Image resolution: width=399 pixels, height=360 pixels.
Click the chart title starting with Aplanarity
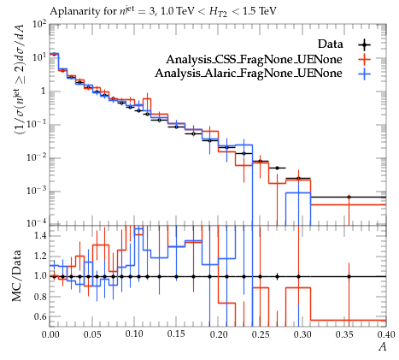click(x=163, y=12)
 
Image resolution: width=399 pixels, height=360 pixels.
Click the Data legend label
click(x=331, y=44)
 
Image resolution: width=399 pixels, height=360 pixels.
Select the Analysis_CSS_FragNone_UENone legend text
click(x=254, y=59)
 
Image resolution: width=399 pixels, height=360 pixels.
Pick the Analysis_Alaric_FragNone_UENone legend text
click(x=249, y=74)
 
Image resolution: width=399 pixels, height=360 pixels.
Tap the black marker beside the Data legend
click(x=364, y=44)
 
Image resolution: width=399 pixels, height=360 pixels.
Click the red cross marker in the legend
click(x=364, y=59)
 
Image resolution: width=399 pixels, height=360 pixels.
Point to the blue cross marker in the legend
click(x=364, y=74)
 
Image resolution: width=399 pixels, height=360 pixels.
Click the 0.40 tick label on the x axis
click(x=385, y=334)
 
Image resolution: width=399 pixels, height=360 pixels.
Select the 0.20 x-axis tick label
click(x=219, y=334)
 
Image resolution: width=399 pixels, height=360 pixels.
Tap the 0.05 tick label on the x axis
click(x=92, y=334)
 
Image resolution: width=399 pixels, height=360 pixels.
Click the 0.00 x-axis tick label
click(x=50, y=334)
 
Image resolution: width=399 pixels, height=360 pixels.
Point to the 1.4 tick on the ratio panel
click(x=40, y=236)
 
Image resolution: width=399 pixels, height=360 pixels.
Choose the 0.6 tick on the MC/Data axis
click(x=40, y=316)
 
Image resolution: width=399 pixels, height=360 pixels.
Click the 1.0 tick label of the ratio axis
click(x=40, y=276)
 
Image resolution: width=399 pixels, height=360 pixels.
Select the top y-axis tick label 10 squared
click(x=39, y=25)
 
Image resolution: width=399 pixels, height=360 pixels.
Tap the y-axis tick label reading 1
click(x=44, y=91)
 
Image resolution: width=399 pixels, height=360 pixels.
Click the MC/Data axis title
click(x=16, y=276)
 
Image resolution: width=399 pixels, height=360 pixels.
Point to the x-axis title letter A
click(x=382, y=346)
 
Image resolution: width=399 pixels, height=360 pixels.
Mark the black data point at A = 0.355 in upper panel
click(x=349, y=197)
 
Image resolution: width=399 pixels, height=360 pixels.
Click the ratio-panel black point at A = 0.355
click(x=349, y=276)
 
